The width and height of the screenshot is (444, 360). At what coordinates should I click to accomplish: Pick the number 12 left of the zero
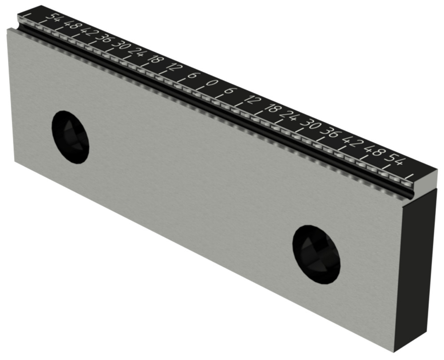click(173, 68)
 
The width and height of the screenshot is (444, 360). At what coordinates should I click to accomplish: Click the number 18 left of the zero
click(156, 60)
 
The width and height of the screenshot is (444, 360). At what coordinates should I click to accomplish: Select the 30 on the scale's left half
click(119, 46)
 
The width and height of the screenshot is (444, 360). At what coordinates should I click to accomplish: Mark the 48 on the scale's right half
click(373, 151)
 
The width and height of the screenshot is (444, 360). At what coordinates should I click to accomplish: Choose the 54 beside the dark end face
click(395, 160)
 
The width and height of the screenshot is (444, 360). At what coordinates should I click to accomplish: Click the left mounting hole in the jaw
click(71, 136)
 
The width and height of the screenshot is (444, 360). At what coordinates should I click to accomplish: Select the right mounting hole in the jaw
click(316, 254)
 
